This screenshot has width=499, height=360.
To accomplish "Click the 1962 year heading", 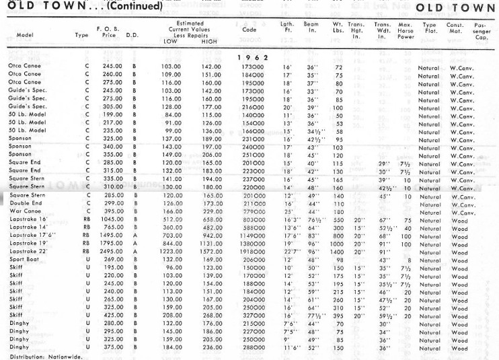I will [x=253, y=58].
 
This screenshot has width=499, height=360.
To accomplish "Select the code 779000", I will [x=253, y=212].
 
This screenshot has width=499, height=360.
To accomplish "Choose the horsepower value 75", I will [x=407, y=220].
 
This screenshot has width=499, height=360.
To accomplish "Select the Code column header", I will [x=248, y=30].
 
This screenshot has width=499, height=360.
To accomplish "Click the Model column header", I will [x=25, y=34].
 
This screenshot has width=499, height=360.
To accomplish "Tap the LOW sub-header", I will [x=170, y=41].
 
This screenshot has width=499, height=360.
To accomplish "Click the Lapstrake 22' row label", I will [x=28, y=250].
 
